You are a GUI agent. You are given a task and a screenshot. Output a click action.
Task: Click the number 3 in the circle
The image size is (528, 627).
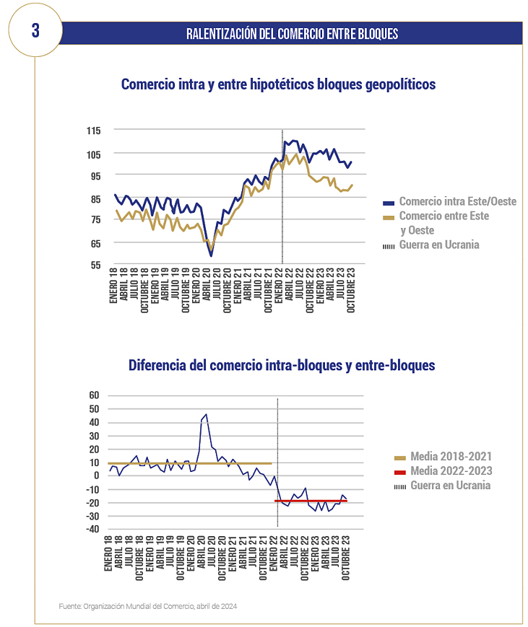[x=35, y=30]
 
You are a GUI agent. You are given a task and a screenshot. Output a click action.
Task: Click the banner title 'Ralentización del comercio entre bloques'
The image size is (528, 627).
[x=293, y=34]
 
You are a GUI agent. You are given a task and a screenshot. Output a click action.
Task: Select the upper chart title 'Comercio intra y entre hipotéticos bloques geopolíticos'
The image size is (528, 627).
[x=278, y=84]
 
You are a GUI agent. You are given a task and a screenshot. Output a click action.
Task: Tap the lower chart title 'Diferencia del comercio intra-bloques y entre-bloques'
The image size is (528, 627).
[x=282, y=365]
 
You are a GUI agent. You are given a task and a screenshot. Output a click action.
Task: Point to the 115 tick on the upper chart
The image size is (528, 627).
[x=94, y=131]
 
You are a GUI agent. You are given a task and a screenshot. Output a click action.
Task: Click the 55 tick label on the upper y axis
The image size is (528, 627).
[x=95, y=265]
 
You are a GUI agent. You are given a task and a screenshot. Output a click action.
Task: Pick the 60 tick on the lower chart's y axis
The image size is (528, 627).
[x=94, y=395]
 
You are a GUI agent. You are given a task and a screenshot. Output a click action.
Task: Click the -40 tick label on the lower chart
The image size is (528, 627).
[x=92, y=529]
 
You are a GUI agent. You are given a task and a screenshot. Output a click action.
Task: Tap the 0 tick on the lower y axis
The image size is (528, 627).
[x=97, y=475]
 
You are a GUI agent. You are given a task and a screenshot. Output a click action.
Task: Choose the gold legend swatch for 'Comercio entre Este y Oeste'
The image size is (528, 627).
[x=389, y=218]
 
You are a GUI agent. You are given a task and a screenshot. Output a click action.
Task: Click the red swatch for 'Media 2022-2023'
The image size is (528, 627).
[x=400, y=473]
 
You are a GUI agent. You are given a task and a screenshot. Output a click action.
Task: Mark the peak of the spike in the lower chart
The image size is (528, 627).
[x=206, y=414]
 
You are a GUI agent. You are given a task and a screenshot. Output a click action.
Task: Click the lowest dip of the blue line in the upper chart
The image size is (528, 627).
[x=211, y=255]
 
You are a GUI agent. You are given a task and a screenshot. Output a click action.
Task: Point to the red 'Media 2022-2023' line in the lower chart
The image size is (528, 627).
[x=311, y=501]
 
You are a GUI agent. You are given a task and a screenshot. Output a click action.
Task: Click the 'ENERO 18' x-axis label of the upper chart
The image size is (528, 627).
[x=113, y=286]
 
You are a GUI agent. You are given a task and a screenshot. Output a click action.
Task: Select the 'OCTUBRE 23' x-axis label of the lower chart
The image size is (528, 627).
[x=345, y=558]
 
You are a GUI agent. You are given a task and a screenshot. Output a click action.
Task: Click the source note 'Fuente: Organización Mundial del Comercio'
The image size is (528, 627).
[x=148, y=606]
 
